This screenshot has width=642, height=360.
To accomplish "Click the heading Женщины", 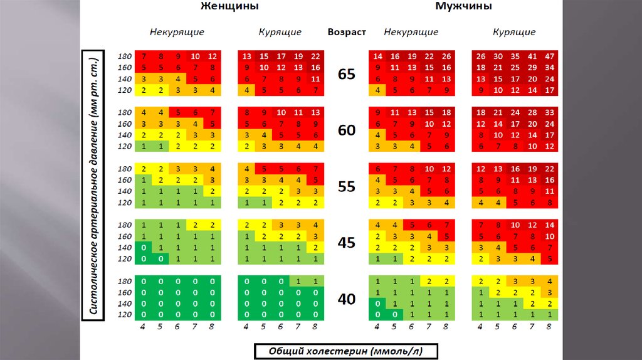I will [229, 6].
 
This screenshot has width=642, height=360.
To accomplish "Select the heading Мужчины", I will [463, 6].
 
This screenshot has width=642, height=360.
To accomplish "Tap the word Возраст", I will [346, 32].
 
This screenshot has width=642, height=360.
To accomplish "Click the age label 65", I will [346, 74].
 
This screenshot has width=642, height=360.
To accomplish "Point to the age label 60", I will [346, 130].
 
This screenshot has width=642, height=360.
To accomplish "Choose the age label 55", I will [346, 186].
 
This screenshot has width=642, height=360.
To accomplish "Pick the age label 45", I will [346, 241].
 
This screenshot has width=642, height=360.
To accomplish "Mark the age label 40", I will [346, 299].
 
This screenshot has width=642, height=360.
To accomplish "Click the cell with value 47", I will [549, 56].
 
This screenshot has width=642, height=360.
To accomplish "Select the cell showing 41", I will [532, 56].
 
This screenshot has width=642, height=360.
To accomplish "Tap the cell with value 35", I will [515, 56].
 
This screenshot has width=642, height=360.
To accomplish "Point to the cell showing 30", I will [498, 56].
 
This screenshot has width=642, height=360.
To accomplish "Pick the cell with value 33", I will [549, 112].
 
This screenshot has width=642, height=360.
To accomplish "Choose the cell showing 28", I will [532, 112].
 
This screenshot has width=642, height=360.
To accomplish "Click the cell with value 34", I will [549, 67].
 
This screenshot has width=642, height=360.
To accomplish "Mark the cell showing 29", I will [532, 67].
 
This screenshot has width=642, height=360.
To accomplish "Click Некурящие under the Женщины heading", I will [177, 32].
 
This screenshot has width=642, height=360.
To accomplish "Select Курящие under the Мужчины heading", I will [514, 32].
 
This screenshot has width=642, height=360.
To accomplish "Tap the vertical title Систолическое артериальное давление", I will [91, 186].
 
